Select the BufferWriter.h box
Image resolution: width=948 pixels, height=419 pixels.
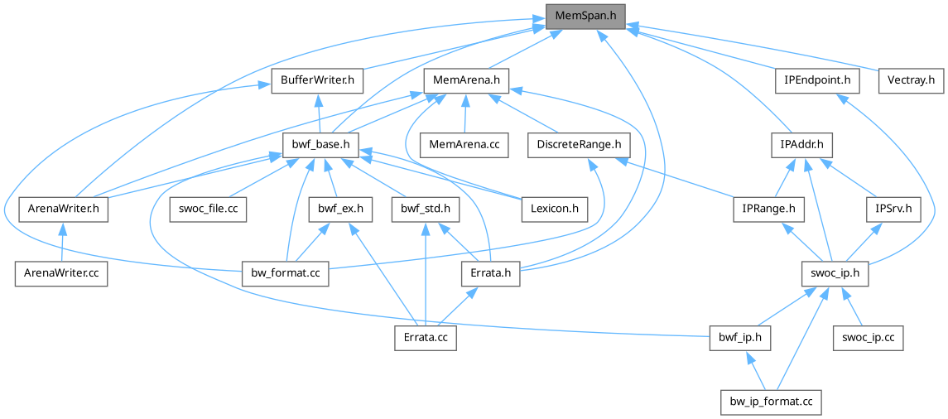pyautogui.click(x=318, y=81)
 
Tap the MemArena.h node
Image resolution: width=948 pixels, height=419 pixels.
pyautogui.click(x=466, y=81)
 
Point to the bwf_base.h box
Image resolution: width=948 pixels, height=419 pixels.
pyautogui.click(x=320, y=145)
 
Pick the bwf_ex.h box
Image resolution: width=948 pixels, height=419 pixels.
pyautogui.click(x=335, y=209)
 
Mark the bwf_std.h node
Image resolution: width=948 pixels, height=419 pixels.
pyautogui.click(x=426, y=209)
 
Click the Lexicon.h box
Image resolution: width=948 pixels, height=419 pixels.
pyautogui.click(x=555, y=209)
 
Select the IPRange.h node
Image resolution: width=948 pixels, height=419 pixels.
pyautogui.click(x=768, y=209)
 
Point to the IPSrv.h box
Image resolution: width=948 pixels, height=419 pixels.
pyautogui.click(x=893, y=209)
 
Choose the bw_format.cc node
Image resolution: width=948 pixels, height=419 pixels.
pyautogui.click(x=286, y=273)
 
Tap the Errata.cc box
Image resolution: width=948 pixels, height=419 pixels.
pyautogui.click(x=424, y=338)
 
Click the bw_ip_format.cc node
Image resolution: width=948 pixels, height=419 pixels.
pyautogui.click(x=771, y=402)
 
